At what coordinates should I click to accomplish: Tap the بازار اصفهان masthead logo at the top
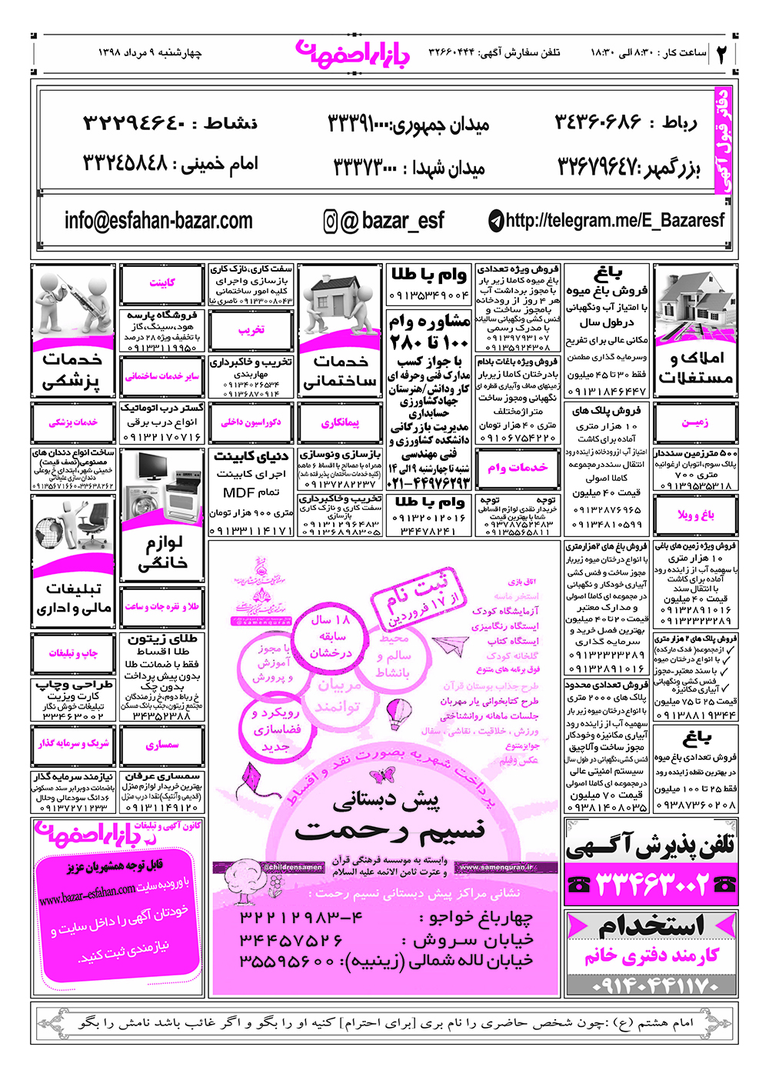tap(353, 53)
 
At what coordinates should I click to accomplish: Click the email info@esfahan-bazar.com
tap(158, 221)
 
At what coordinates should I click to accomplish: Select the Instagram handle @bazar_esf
tap(384, 221)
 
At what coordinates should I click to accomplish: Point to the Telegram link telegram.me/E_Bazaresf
tap(607, 221)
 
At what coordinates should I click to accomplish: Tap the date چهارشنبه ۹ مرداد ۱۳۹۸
tap(150, 53)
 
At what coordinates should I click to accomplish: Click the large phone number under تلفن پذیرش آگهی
tap(651, 885)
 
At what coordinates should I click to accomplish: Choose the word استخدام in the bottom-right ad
tap(651, 925)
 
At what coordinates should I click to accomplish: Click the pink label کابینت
tap(162, 283)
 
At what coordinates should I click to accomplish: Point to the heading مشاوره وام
tap(429, 321)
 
